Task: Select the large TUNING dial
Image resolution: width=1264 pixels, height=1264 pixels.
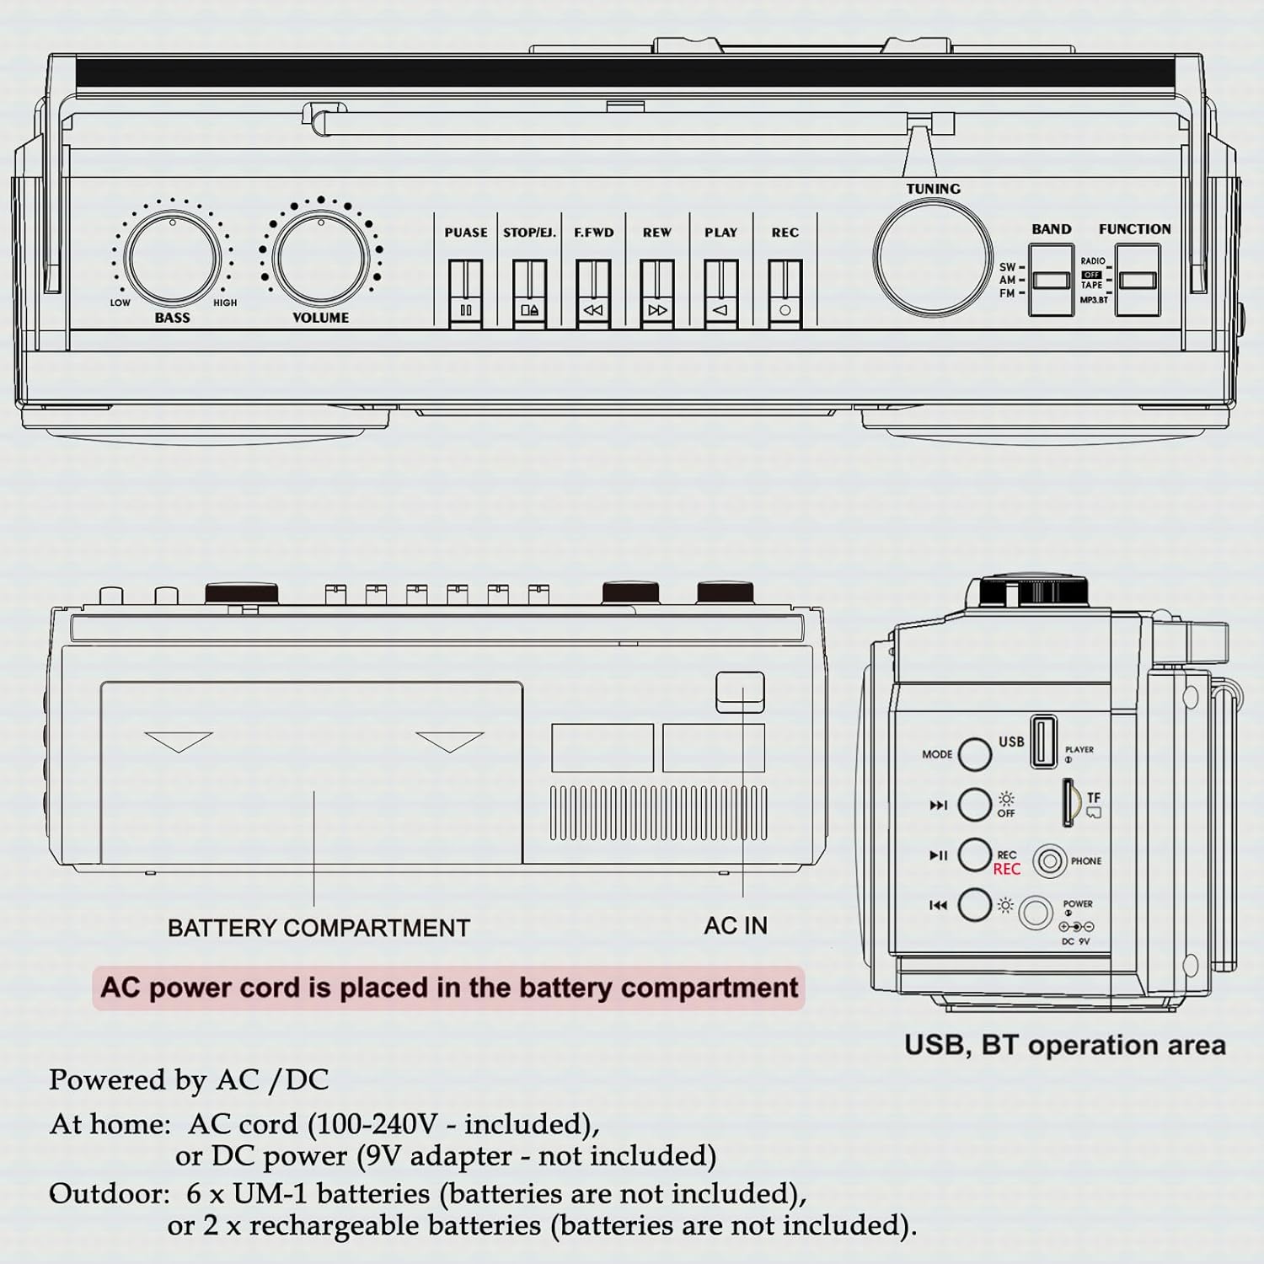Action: point(933,257)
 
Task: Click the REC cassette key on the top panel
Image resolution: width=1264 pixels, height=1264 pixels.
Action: point(785,292)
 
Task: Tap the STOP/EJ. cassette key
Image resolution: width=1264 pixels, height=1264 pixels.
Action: point(529,292)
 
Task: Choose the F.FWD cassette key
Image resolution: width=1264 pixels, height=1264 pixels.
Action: point(593,292)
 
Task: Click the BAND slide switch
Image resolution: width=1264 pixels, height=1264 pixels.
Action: point(1051,281)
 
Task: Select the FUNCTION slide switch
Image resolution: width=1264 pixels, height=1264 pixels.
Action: point(1137,281)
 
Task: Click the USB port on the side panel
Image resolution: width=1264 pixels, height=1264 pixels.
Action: point(1044,741)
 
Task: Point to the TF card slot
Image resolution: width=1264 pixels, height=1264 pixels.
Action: point(1069,802)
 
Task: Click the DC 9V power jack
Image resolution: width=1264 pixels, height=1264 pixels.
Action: point(1036,913)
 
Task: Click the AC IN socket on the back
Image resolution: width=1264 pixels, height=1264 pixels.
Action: point(740,692)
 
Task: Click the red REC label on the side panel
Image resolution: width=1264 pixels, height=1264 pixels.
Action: point(1007,870)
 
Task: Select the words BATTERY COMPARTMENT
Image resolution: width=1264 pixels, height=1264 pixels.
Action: point(319,928)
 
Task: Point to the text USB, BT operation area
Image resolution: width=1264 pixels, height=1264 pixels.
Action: point(1064,1045)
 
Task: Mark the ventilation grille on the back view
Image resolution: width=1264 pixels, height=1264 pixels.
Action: point(659,813)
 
